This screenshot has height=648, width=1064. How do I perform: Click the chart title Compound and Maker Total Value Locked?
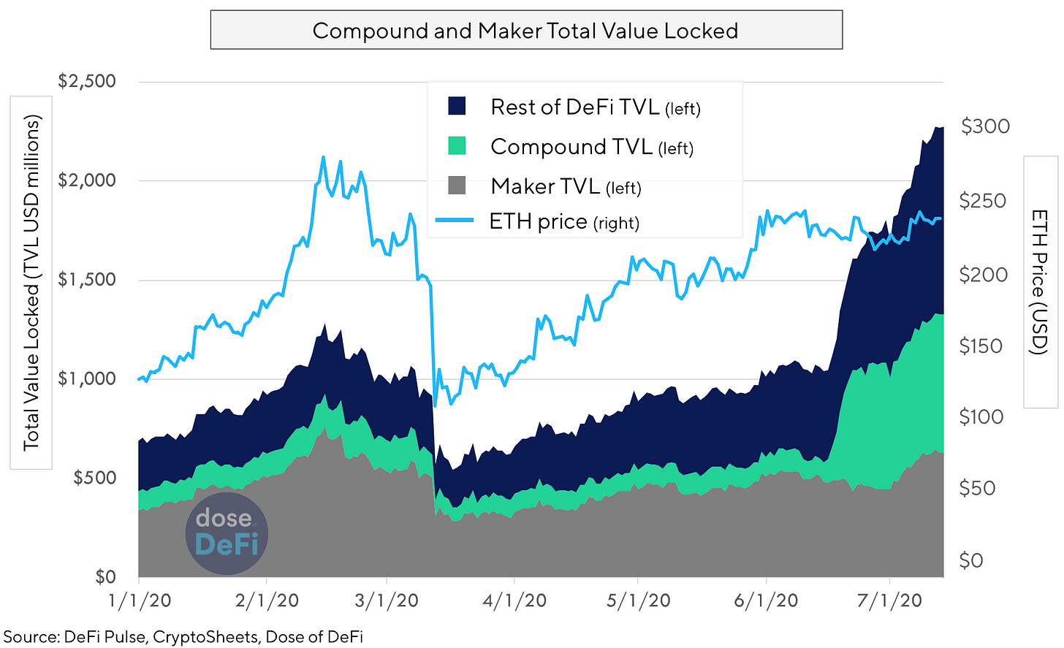[x=525, y=31]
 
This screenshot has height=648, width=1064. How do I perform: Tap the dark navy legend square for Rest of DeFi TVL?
[x=457, y=107]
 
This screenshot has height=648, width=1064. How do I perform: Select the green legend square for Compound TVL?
[x=457, y=146]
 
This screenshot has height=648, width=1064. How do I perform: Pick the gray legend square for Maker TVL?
[x=457, y=186]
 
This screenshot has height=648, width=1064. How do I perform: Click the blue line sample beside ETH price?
[x=455, y=220]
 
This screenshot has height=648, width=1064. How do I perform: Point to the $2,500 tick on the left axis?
[x=87, y=81]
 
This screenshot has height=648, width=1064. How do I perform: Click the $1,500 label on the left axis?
[x=87, y=280]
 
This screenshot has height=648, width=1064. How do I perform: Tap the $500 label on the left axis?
[x=94, y=479]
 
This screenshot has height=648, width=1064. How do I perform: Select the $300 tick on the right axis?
[x=985, y=126]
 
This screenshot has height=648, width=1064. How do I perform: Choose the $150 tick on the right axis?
[x=981, y=346]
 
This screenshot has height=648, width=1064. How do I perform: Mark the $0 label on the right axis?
[x=970, y=560]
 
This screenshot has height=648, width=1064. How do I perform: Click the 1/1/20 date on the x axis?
[x=140, y=601]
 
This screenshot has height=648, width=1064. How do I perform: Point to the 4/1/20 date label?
[x=514, y=601]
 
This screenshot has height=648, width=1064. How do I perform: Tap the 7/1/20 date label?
[x=889, y=601]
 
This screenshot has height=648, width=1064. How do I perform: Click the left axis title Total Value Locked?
[x=31, y=283]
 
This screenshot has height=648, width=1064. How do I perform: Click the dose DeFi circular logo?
[x=227, y=533]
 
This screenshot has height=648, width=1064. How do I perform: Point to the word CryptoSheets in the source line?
[x=205, y=636]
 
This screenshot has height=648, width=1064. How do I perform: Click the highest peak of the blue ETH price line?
[x=322, y=157]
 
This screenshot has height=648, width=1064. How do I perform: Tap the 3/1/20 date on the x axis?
[x=387, y=601]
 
